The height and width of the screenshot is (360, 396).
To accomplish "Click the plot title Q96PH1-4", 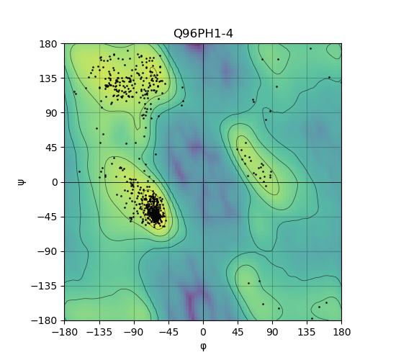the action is click(x=203, y=34).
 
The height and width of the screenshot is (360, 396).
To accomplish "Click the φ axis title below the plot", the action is click(x=203, y=346).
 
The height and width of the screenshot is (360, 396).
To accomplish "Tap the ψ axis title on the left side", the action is click(x=21, y=182).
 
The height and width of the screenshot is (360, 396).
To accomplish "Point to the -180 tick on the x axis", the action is click(x=65, y=332).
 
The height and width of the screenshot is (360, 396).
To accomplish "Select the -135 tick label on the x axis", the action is click(x=99, y=332).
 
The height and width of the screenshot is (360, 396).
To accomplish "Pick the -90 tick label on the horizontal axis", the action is click(x=134, y=332).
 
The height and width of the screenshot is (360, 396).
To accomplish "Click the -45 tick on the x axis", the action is click(x=168, y=332).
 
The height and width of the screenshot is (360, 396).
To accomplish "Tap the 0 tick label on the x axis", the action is click(x=203, y=332).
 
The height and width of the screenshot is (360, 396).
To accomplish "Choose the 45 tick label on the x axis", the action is click(x=238, y=332).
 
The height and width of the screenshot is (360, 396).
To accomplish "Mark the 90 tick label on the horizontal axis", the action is click(x=272, y=332).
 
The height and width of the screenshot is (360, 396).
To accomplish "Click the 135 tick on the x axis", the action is click(x=307, y=332).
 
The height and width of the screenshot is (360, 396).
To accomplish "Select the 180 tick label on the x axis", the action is click(x=342, y=332).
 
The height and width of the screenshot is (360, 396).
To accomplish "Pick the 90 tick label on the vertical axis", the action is click(x=51, y=113).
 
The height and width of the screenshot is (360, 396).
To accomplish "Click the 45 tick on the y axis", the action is click(x=51, y=148).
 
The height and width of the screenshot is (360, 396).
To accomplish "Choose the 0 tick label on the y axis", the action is click(x=55, y=182).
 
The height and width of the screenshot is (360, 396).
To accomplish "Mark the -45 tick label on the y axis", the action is click(x=48, y=217).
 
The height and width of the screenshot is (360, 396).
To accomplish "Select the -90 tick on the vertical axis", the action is click(x=48, y=251).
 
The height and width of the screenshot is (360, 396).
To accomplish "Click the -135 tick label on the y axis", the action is click(x=45, y=286).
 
